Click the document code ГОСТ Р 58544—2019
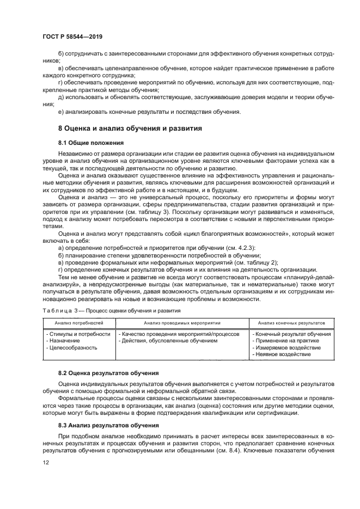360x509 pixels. (72, 36)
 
